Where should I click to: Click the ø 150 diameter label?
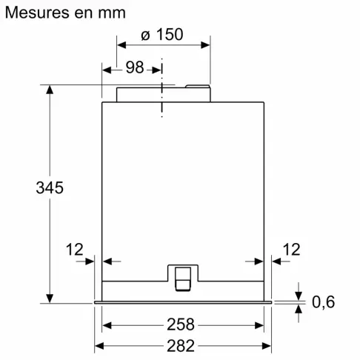point(161,35)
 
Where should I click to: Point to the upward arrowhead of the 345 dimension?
point(50,90)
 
